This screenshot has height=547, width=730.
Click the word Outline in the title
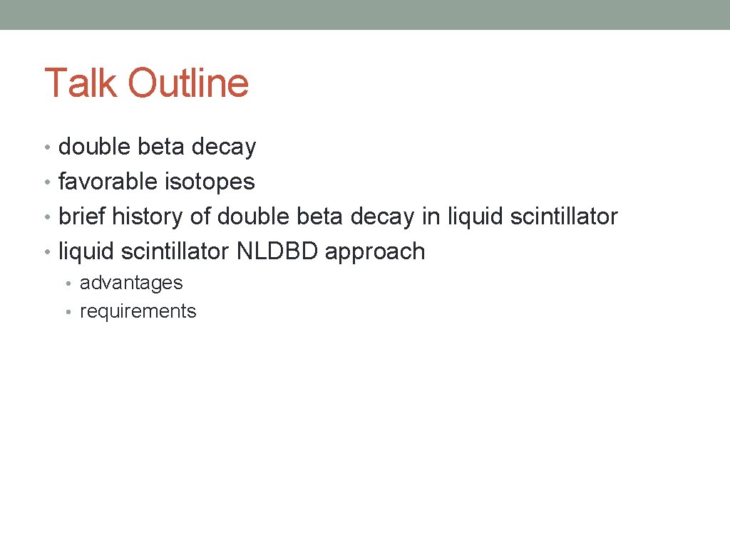click(x=188, y=83)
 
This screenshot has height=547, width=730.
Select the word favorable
click(x=108, y=182)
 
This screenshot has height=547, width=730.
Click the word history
click(x=148, y=217)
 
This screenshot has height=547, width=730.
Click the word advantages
click(x=131, y=283)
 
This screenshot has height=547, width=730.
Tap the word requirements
click(x=138, y=312)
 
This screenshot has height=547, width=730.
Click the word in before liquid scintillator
click(x=431, y=217)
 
